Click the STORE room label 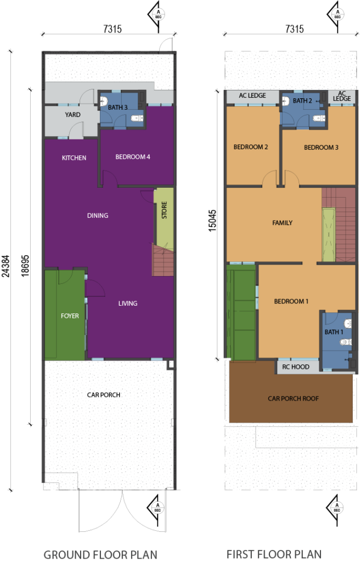tap(164, 210)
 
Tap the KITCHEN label tap(74, 158)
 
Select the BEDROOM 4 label tap(133, 156)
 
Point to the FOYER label tap(70, 316)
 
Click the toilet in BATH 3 tap(137, 117)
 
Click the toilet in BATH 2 tap(319, 118)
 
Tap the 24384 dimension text tap(5, 266)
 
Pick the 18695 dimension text tap(25, 266)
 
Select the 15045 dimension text tap(212, 221)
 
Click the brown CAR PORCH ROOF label tap(293, 398)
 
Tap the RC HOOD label tap(295, 367)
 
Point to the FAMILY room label tap(282, 223)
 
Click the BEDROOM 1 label tap(291, 301)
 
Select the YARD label tap(72, 115)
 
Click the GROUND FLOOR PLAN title tap(100, 554)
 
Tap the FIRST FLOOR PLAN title tap(274, 554)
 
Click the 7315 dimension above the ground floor tap(113, 29)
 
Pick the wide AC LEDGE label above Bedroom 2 tap(252, 95)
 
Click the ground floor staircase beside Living tap(163, 260)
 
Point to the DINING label tap(98, 215)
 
